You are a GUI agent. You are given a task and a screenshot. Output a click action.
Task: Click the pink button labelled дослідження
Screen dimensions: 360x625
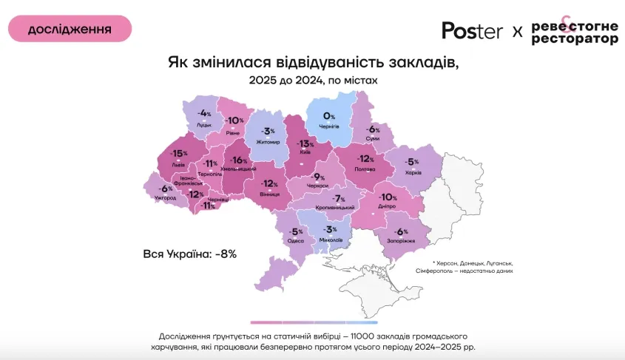coord(70,29)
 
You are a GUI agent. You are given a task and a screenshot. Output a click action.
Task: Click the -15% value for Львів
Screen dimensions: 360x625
coord(178,153)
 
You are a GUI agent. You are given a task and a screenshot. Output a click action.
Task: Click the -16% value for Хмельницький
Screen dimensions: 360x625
coord(239,160)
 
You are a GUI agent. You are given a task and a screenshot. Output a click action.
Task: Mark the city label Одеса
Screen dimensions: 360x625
coord(296,241)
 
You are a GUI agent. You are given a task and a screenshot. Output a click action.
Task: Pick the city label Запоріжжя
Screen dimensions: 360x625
coord(401,241)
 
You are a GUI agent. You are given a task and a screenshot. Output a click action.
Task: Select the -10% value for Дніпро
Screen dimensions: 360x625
coord(388,197)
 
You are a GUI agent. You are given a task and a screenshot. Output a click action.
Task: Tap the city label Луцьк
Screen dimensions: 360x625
coord(203,125)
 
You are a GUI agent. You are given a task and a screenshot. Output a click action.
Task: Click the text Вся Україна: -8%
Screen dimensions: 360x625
coord(189,254)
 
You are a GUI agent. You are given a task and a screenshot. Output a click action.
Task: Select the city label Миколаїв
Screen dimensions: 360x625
coord(331,241)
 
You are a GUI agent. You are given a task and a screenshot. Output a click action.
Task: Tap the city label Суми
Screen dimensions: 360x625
coord(373,139)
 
